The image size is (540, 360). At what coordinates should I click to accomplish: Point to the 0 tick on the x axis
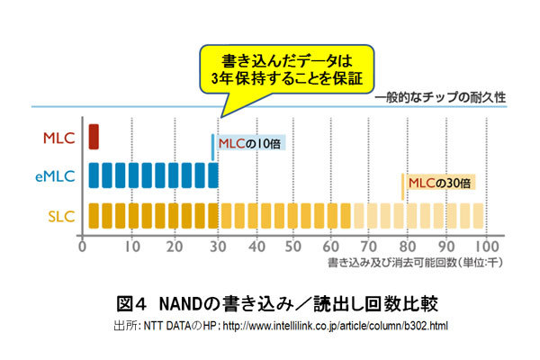click(83, 246)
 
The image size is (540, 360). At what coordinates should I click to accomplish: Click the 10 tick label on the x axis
click(131, 246)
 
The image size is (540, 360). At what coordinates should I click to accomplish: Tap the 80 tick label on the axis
click(407, 246)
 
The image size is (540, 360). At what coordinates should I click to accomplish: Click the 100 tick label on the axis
click(488, 246)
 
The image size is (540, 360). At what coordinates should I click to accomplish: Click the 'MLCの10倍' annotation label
click(248, 141)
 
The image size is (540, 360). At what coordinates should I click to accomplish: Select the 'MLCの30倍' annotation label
click(439, 183)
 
